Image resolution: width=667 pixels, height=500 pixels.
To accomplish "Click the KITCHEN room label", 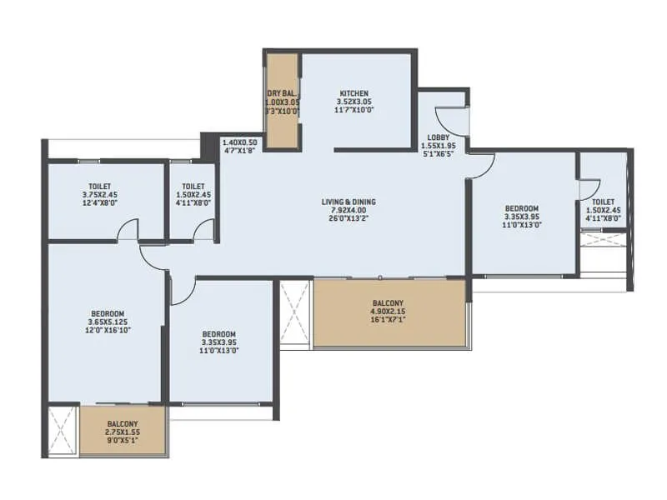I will pos(354,93).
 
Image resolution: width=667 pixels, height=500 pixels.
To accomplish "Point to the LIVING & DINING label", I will pos(349,202).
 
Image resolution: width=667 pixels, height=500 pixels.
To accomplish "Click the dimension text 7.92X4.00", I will pos(349,211).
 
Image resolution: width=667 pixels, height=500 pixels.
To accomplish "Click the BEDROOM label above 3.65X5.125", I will pos(108,312).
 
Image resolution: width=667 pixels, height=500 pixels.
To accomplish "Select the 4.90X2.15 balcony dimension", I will pos(388,312).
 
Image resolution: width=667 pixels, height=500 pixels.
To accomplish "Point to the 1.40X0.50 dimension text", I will pos(239,143).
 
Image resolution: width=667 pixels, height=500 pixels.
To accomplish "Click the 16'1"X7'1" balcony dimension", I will pos(388,322).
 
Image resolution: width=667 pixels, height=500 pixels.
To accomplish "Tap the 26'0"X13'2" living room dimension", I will pos(349,220).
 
